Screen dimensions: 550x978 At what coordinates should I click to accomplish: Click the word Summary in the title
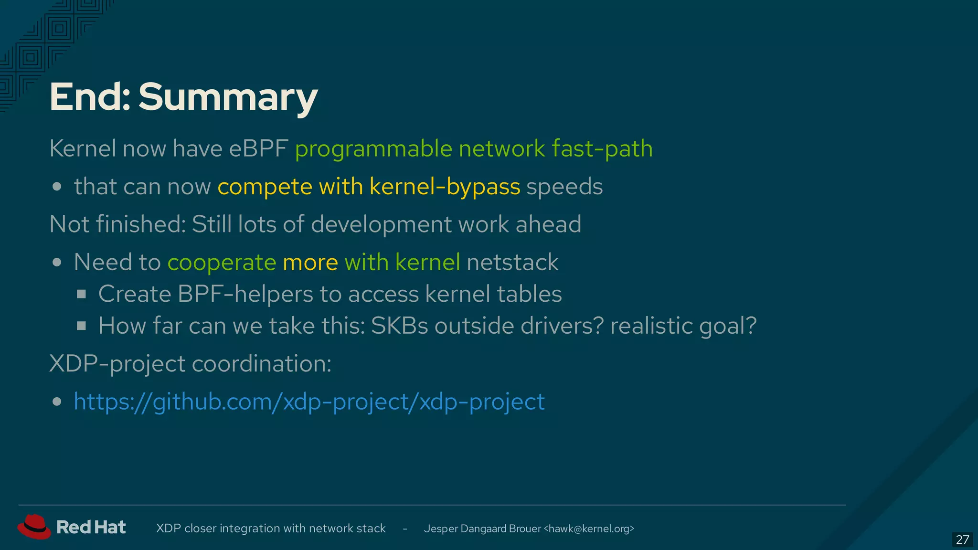(x=228, y=97)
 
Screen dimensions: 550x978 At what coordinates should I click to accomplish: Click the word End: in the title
(x=90, y=97)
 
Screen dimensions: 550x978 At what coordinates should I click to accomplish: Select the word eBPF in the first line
(x=258, y=148)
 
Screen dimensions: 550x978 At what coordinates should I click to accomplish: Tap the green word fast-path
(x=602, y=148)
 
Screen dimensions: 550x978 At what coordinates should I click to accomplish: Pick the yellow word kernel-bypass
(x=445, y=186)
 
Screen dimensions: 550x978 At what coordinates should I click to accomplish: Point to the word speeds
(x=564, y=186)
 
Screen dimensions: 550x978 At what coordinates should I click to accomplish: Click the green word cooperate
(x=222, y=262)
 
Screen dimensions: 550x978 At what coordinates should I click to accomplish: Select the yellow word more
(x=310, y=262)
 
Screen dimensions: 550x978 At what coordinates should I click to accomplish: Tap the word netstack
(x=512, y=262)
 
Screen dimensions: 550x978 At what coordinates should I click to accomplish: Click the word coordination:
(x=262, y=364)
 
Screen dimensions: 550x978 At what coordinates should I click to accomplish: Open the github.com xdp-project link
(x=309, y=402)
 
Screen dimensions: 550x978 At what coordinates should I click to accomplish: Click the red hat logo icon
(x=34, y=527)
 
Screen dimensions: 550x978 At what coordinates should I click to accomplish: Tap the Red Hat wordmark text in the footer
(x=91, y=527)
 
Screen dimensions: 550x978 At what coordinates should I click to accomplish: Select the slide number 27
(x=962, y=539)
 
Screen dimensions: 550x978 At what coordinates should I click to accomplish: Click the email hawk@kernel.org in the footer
(x=589, y=529)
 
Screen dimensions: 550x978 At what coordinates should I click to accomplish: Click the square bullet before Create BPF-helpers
(x=82, y=294)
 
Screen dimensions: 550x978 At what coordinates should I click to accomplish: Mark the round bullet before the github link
(x=57, y=402)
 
